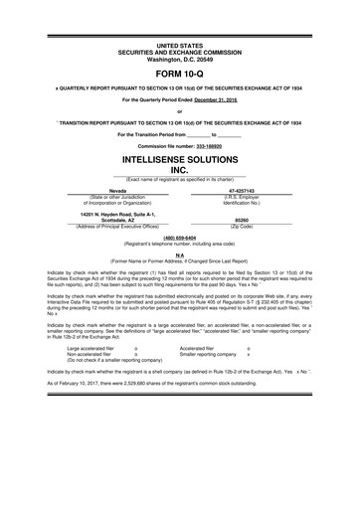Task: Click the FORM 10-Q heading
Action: (x=180, y=74)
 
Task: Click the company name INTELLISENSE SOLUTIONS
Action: (x=180, y=158)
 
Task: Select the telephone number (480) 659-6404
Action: (x=180, y=238)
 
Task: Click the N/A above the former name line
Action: (x=180, y=254)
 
